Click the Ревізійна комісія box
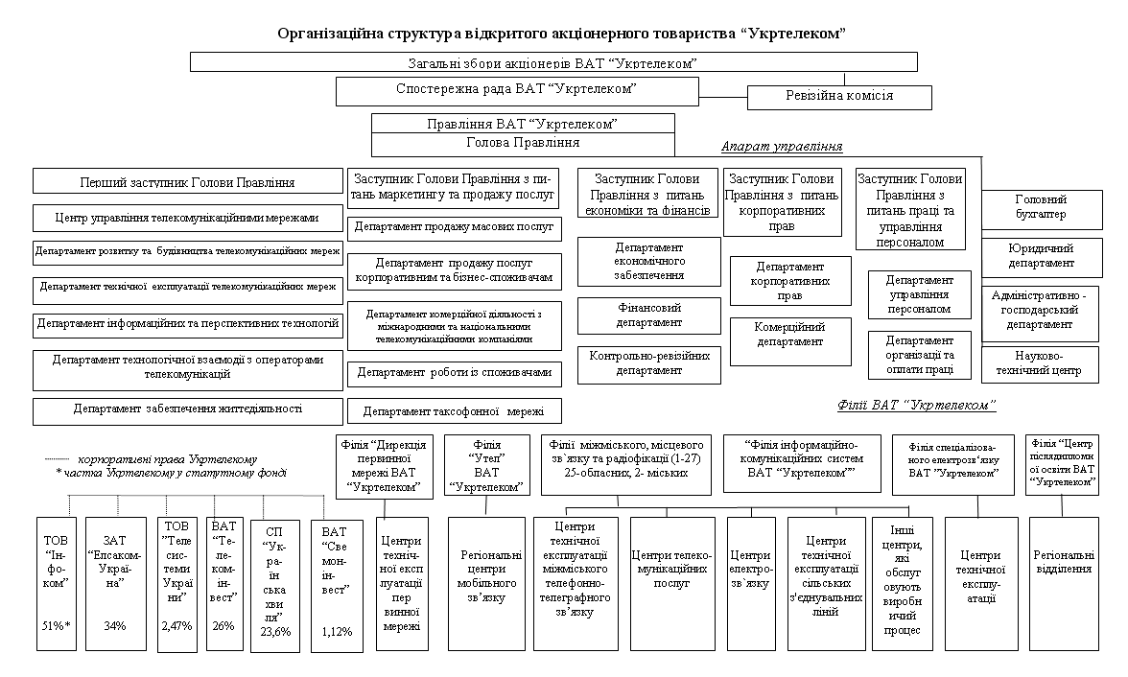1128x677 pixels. [x=839, y=97]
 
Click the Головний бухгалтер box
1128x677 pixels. [x=1040, y=207]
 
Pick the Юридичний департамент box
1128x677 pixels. [x=1040, y=256]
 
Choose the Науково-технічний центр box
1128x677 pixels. [x=1040, y=362]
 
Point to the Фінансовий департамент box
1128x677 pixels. [x=648, y=315]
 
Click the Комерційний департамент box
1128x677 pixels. [x=790, y=335]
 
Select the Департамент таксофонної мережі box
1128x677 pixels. [x=453, y=411]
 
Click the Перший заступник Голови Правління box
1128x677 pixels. [x=187, y=181]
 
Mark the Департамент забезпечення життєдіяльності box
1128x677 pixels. [x=187, y=409]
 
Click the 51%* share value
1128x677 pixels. [x=57, y=626]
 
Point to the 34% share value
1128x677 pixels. [x=115, y=626]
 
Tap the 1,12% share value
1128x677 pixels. [x=337, y=631]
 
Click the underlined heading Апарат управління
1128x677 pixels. [x=781, y=147]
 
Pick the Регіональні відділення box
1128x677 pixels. [x=1063, y=562]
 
